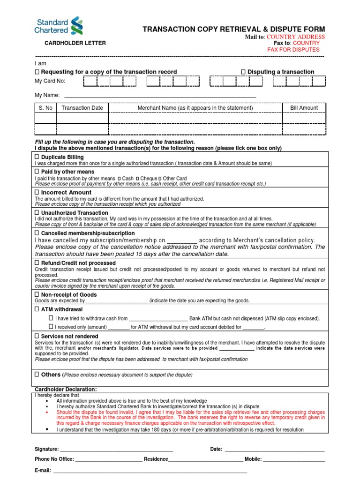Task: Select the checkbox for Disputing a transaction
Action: coord(243,72)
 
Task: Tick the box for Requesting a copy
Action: coord(37,72)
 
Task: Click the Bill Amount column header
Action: coord(304,108)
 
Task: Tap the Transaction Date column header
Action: coord(82,108)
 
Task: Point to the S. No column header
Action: coord(45,108)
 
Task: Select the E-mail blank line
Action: coord(150,470)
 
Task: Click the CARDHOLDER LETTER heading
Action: coord(75,43)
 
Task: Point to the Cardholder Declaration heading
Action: coord(66,390)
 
